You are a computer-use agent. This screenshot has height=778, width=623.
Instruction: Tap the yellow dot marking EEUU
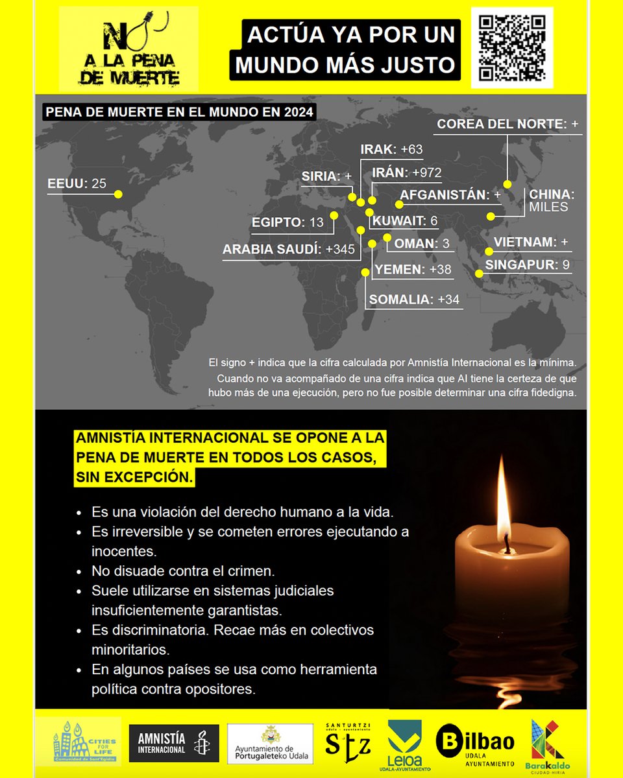click(118, 194)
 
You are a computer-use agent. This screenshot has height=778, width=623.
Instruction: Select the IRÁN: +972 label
click(406, 172)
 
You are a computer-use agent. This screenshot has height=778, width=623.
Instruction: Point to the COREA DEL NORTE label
click(508, 124)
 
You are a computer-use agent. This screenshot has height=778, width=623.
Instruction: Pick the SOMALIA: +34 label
click(414, 300)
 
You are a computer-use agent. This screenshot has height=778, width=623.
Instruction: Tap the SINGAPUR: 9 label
click(528, 265)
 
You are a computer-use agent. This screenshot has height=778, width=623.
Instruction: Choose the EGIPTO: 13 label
click(287, 222)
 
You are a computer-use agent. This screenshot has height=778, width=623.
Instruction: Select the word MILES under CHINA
click(548, 207)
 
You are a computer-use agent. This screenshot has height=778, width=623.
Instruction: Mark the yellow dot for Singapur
click(480, 274)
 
